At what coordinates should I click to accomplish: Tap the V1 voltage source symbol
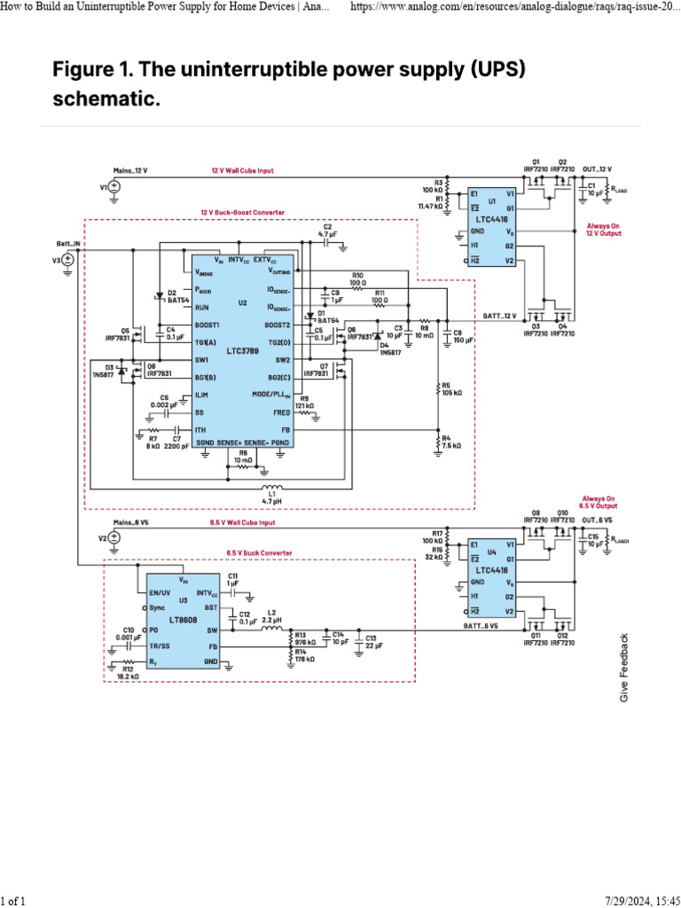click(115, 187)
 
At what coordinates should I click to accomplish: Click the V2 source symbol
click(115, 538)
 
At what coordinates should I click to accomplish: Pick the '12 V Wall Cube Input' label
click(242, 170)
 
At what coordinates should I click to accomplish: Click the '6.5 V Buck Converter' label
click(259, 552)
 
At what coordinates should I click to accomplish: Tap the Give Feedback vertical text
click(624, 669)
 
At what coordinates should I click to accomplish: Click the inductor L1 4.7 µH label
click(272, 498)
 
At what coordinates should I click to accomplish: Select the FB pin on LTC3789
click(285, 429)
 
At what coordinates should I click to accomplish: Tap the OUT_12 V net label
click(597, 168)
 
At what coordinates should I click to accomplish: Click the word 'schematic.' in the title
click(106, 99)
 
